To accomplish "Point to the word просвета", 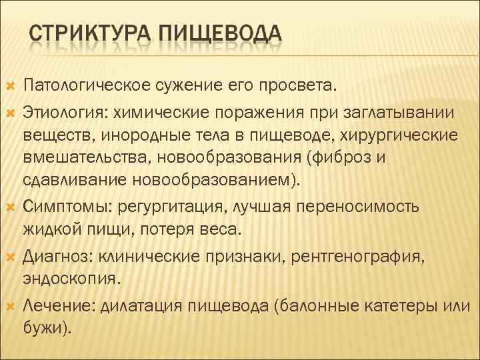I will (x=302, y=85).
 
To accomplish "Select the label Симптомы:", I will (x=66, y=205).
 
